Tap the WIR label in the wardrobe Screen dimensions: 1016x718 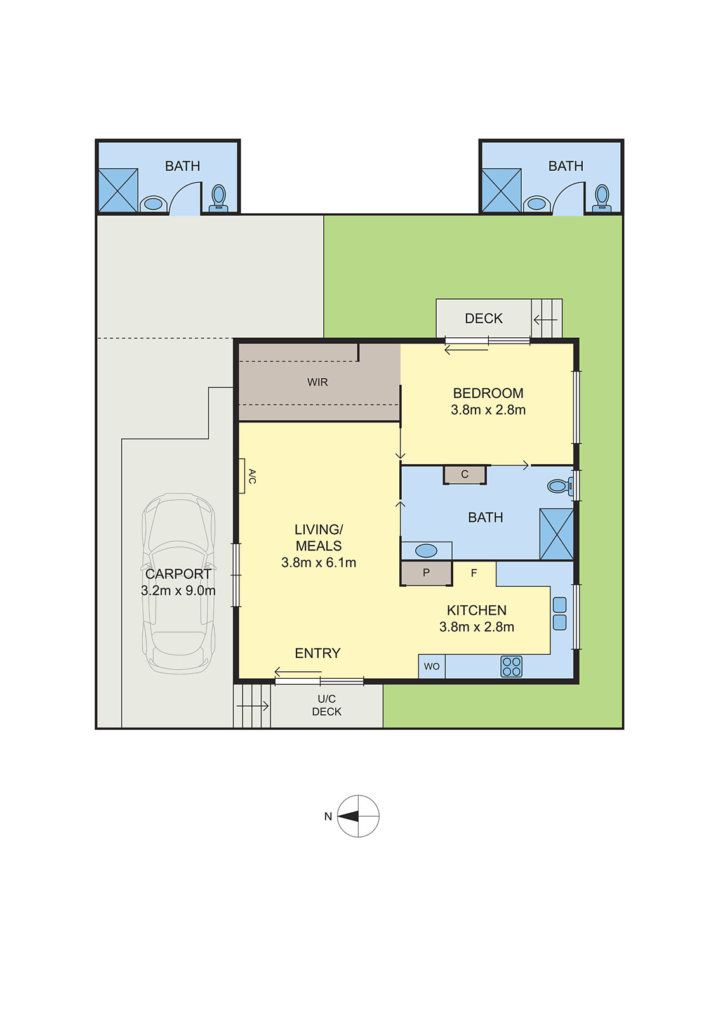[317, 382]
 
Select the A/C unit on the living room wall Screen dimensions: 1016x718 [242, 476]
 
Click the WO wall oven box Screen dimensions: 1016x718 [432, 666]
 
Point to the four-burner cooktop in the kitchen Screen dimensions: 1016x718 [511, 666]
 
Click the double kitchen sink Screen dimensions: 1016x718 [559, 613]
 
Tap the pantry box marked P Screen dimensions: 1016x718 [426, 573]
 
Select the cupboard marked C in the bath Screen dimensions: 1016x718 [465, 474]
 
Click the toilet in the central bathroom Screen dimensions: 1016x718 [560, 486]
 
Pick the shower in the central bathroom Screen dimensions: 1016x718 [556, 534]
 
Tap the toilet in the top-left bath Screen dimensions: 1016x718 [218, 197]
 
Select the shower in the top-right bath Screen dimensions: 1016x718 [501, 190]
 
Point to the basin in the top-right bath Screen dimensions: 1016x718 [536, 203]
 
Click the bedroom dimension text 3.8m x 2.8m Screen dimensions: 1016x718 [488, 410]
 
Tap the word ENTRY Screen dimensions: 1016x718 [317, 653]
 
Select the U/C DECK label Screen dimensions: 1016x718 [326, 705]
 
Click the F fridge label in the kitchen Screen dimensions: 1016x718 [474, 573]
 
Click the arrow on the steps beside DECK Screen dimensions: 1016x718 [545, 319]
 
